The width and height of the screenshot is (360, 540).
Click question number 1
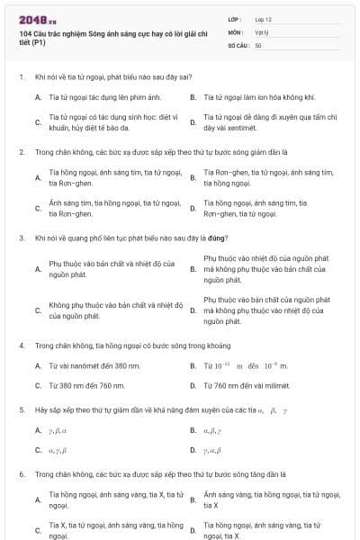click(x=21, y=77)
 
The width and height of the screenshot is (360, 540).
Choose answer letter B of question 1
click(x=193, y=96)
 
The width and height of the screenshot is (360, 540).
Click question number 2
click(x=21, y=152)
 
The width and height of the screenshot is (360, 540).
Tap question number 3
click(x=21, y=238)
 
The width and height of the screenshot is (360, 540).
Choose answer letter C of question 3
click(x=38, y=310)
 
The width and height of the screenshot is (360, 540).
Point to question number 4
click(x=21, y=346)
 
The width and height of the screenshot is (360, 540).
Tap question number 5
click(x=21, y=410)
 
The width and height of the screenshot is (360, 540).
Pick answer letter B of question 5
click(x=193, y=430)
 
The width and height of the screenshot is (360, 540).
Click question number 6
click(x=21, y=473)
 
